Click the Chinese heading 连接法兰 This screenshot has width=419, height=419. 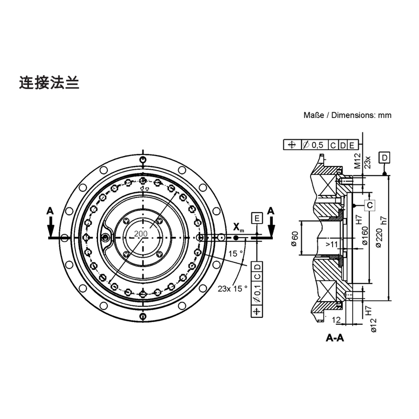click(x=49, y=83)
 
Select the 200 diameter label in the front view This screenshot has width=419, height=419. click(x=140, y=234)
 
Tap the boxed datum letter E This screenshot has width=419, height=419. click(x=257, y=217)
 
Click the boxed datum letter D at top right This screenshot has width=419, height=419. click(x=384, y=158)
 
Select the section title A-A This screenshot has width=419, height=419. click(x=335, y=338)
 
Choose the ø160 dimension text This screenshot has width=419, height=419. click(x=365, y=236)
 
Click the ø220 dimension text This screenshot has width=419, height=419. click(x=379, y=237)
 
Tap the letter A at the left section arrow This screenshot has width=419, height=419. click(x=50, y=210)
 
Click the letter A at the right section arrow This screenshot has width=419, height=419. click(x=271, y=210)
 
